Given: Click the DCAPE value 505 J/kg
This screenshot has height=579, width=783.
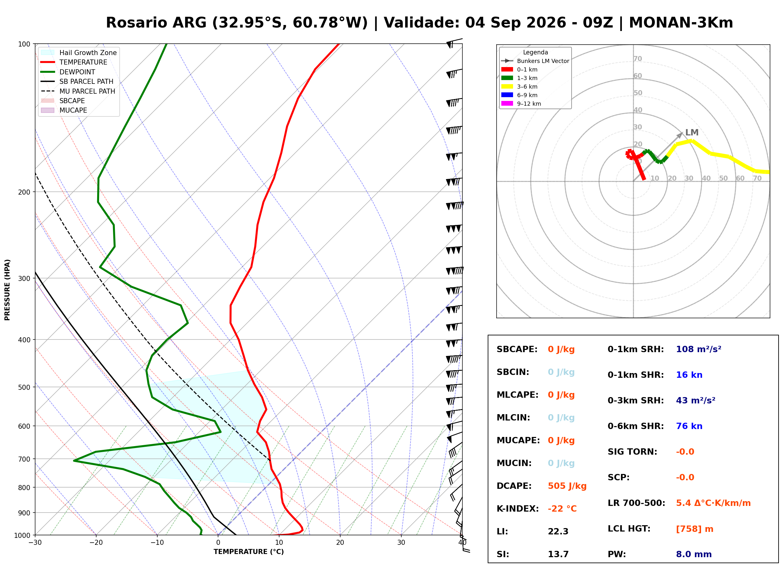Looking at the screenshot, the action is click(567, 486).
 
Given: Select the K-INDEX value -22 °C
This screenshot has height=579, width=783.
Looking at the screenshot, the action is click(562, 509).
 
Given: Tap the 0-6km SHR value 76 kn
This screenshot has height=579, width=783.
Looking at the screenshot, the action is click(689, 426).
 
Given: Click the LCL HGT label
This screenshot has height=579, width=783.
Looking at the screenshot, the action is click(629, 529).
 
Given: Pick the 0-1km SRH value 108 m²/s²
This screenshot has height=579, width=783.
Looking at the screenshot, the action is click(698, 349).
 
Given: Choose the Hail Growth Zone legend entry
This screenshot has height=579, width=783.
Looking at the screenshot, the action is click(79, 53).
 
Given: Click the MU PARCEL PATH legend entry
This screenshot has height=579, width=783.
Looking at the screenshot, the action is click(78, 91).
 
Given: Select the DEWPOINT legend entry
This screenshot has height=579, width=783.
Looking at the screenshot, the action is click(68, 72).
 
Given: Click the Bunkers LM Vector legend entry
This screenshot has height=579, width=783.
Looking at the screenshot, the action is click(535, 61).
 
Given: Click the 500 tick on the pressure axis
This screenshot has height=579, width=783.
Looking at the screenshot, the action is click(24, 387).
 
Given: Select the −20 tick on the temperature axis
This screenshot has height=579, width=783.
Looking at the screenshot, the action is click(96, 543).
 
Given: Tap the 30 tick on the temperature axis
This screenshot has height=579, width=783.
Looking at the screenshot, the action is click(401, 543).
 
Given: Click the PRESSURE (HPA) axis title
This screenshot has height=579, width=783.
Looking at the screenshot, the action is click(7, 290).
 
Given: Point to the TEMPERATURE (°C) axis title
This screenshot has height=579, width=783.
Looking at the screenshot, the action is click(249, 552).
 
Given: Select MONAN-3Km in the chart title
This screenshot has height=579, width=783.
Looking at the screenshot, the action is click(681, 23).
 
